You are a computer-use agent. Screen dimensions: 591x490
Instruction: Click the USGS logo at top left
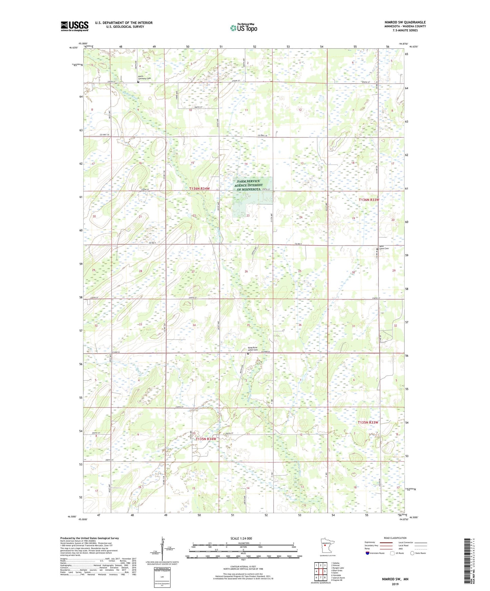click(x=74, y=26)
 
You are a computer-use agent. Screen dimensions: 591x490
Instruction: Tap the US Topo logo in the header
click(x=243, y=28)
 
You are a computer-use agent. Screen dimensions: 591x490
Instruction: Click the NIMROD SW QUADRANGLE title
click(x=405, y=22)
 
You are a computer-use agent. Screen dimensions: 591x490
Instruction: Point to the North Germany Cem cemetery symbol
click(x=138, y=82)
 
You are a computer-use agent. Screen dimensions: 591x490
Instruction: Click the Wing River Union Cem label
click(x=253, y=349)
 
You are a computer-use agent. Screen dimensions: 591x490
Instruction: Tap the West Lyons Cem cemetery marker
click(x=377, y=249)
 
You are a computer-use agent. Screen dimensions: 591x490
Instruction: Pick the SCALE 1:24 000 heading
click(x=241, y=538)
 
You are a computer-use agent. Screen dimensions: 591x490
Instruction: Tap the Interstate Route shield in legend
click(x=368, y=553)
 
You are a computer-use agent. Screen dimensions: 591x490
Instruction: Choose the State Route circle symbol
click(x=412, y=553)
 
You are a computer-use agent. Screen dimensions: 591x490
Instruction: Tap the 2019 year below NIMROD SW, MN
click(x=395, y=584)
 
